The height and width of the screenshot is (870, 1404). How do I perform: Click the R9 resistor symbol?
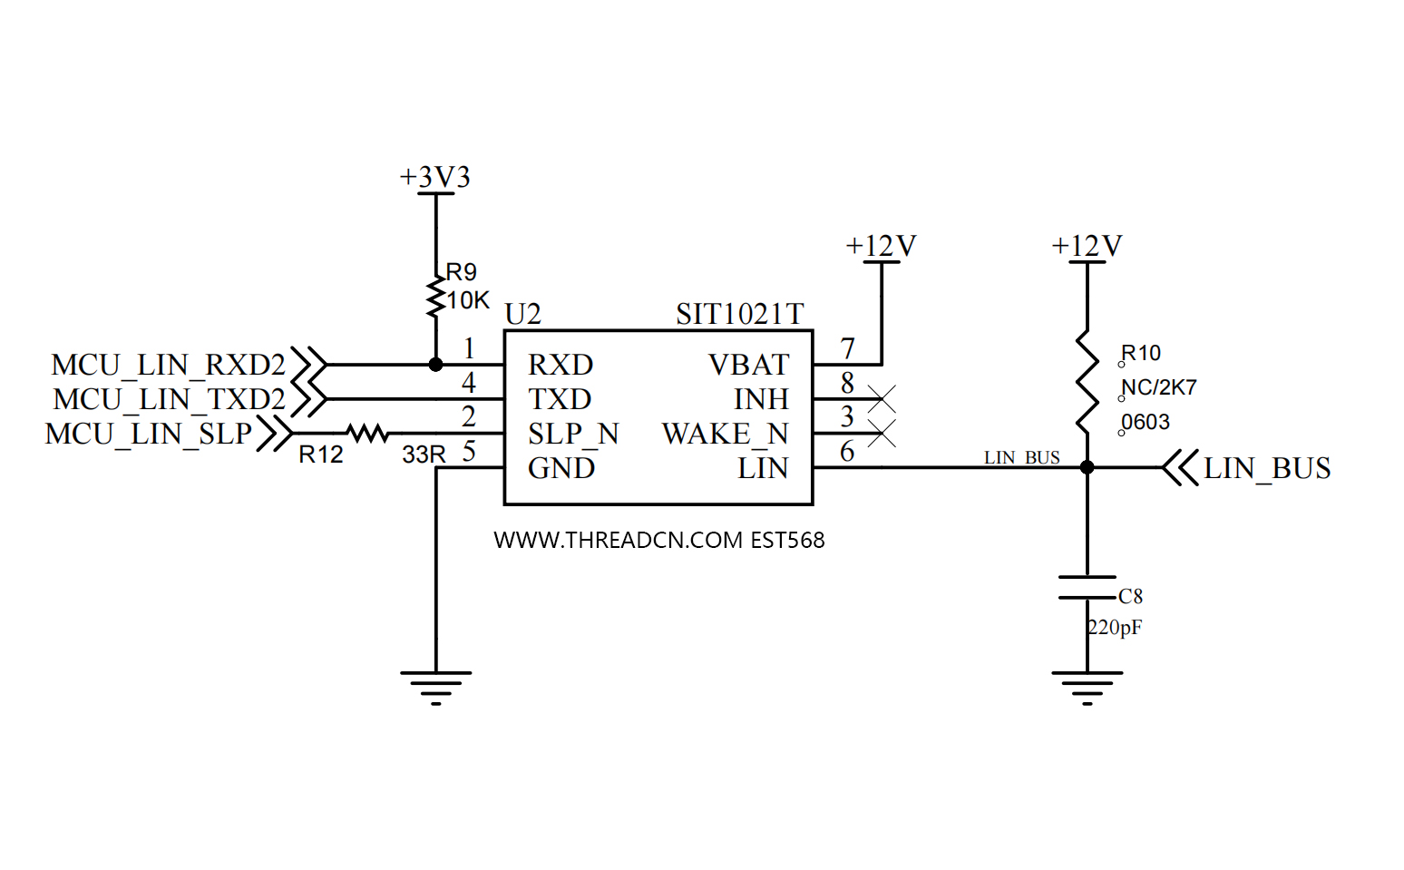click(436, 297)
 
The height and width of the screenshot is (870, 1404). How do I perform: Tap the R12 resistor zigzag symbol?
click(367, 434)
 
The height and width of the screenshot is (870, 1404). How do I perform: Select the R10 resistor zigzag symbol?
click(1087, 382)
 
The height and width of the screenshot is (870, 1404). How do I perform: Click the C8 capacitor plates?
click(1087, 587)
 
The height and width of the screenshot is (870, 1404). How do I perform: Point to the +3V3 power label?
click(435, 177)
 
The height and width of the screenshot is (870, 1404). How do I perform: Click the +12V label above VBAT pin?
click(881, 246)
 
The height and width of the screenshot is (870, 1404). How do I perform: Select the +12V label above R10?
click(1087, 246)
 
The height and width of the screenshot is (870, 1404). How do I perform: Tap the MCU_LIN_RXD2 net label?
click(169, 365)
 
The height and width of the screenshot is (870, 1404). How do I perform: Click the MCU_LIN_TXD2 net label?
click(170, 399)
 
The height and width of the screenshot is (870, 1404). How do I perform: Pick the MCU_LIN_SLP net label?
click(149, 434)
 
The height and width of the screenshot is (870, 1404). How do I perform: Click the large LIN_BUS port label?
click(1267, 468)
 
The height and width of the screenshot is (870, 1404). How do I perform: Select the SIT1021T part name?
click(739, 314)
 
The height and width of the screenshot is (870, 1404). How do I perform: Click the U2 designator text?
click(523, 314)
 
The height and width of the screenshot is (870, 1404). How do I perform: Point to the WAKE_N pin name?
click(725, 434)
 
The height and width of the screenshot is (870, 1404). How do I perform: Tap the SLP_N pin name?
click(573, 434)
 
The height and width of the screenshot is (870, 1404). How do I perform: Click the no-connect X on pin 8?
click(882, 398)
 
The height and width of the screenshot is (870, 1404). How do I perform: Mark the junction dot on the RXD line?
click(436, 365)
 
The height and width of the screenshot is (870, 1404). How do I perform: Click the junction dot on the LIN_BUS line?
click(1087, 467)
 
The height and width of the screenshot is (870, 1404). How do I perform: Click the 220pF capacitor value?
click(1115, 627)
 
